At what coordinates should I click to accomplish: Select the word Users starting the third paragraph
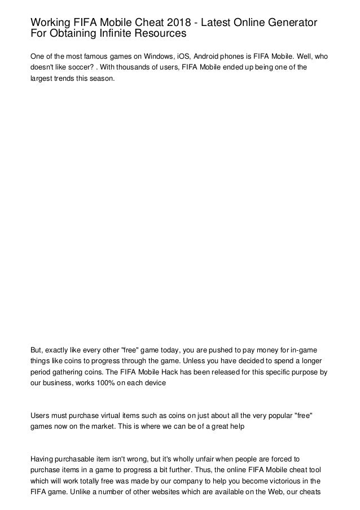[x=39, y=416]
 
